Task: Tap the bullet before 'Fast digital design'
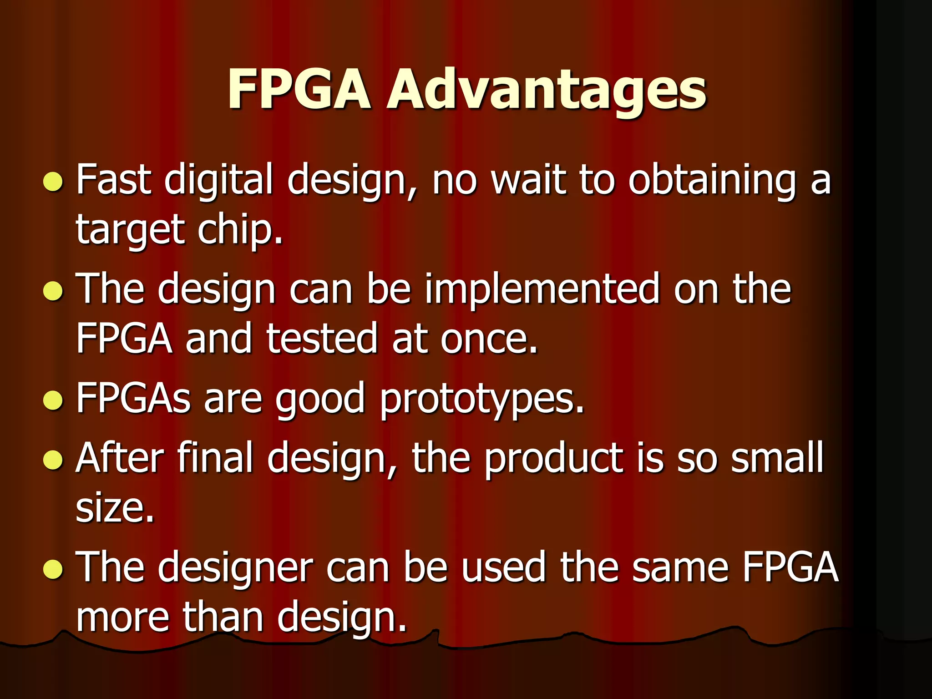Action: (x=53, y=182)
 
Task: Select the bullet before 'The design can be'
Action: (x=53, y=291)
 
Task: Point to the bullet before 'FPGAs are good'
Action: (x=53, y=400)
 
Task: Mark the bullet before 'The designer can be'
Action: (x=53, y=568)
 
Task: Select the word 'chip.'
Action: (x=240, y=230)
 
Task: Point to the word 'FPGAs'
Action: (x=133, y=398)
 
